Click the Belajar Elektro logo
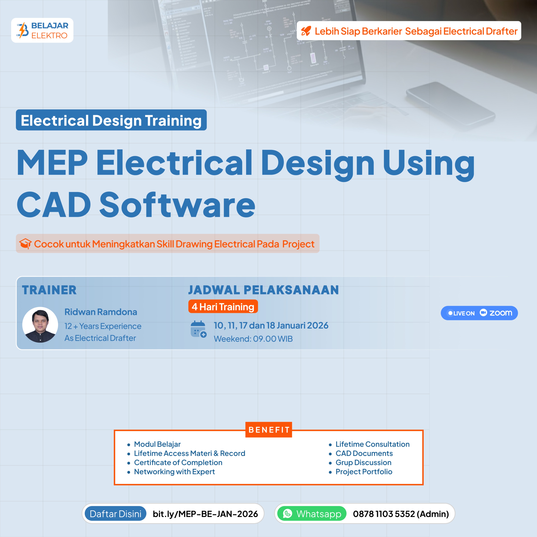(x=42, y=30)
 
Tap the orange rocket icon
(x=306, y=31)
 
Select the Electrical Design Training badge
(x=111, y=120)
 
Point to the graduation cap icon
(x=25, y=244)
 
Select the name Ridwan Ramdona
(x=101, y=312)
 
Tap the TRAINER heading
(x=49, y=290)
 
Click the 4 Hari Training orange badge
(x=223, y=307)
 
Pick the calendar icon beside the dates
(x=198, y=329)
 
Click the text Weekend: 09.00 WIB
(x=253, y=339)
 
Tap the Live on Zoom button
(x=479, y=313)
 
